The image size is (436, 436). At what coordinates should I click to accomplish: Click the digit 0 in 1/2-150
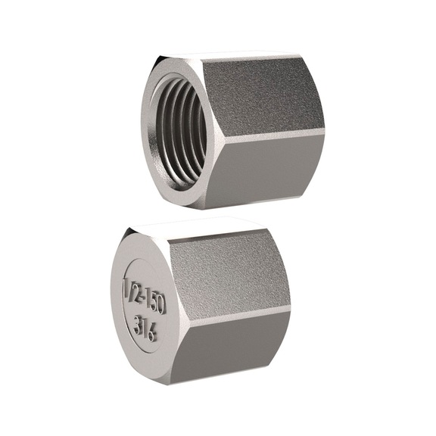[x=160, y=301]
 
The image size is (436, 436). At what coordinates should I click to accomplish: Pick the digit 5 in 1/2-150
[x=151, y=297]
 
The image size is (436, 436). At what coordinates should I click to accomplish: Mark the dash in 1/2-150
[x=142, y=294]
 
